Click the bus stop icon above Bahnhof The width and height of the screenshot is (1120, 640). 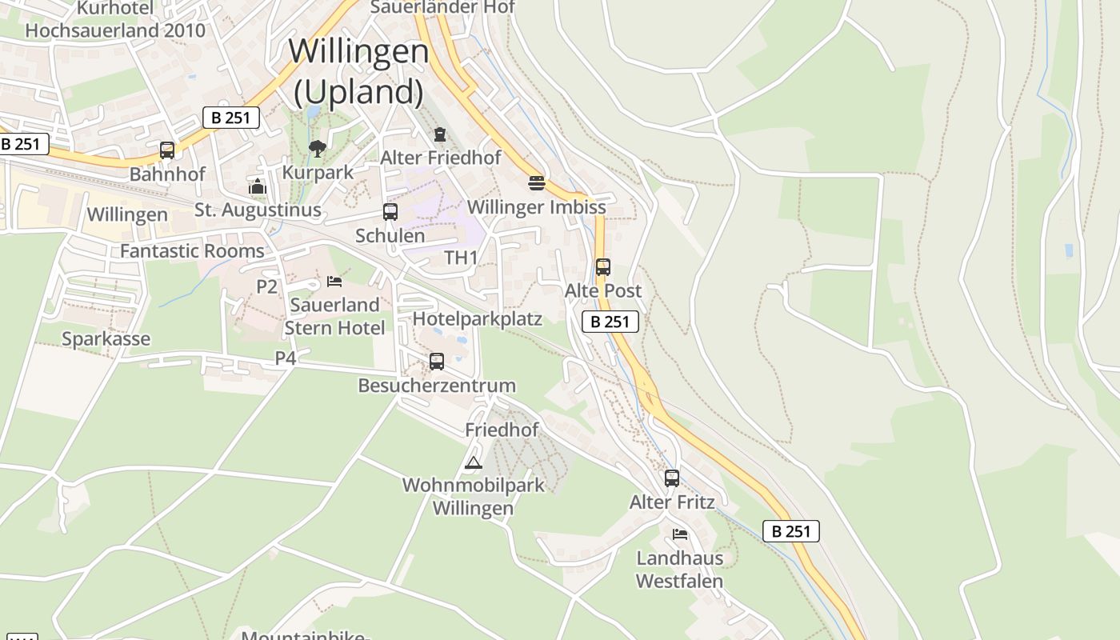[167, 150]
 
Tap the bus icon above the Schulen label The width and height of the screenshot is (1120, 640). [390, 212]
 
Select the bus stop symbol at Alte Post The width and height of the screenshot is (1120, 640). [603, 267]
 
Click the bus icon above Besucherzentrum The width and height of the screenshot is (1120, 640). [437, 361]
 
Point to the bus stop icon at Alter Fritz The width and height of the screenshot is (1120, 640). [672, 478]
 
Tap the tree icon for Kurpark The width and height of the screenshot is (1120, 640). [318, 148]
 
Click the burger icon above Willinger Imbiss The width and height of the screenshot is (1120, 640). [536, 183]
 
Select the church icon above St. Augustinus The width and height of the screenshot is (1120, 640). [258, 187]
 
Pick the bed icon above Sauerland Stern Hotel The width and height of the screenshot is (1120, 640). [334, 282]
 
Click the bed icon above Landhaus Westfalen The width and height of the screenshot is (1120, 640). [680, 534]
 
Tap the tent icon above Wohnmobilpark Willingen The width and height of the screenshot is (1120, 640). [474, 462]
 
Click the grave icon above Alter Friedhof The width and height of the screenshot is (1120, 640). [439, 134]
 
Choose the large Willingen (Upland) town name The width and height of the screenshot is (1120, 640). [358, 72]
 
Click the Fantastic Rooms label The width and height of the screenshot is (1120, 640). [192, 251]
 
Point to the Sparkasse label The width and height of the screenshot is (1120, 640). [106, 339]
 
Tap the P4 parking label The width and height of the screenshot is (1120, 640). [286, 358]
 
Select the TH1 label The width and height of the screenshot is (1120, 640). [461, 258]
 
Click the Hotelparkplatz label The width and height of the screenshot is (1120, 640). [478, 319]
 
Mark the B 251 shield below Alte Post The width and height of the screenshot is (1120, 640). [610, 322]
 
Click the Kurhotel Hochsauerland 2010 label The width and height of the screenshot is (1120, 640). [115, 20]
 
